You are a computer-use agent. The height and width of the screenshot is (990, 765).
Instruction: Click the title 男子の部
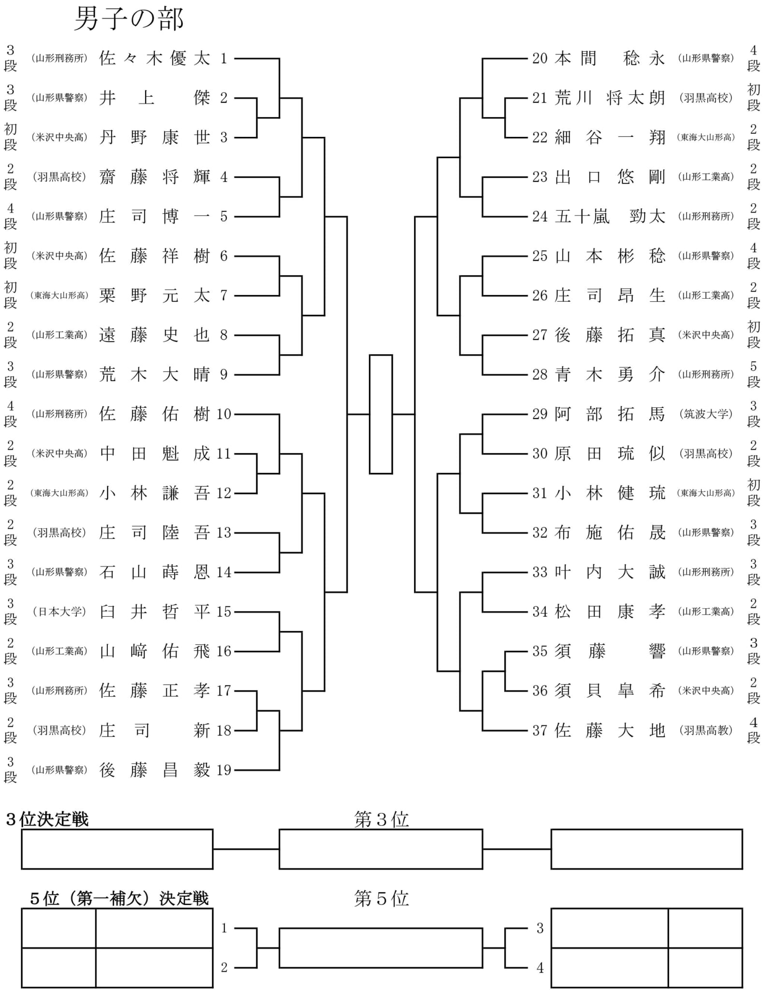pyautogui.click(x=129, y=20)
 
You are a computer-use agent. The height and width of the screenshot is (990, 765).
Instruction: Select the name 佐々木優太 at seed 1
pyautogui.click(x=155, y=58)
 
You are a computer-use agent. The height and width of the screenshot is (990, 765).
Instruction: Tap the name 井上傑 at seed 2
pyautogui.click(x=155, y=98)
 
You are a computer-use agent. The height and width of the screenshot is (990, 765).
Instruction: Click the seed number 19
pyautogui.click(x=224, y=770)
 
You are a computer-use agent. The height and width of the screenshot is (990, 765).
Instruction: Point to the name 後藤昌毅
pyautogui.click(x=155, y=770)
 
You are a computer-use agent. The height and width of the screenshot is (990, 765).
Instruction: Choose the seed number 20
pyautogui.click(x=540, y=58)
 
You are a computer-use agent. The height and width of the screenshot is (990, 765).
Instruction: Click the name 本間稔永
pyautogui.click(x=610, y=58)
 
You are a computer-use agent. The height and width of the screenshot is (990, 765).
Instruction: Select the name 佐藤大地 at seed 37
pyautogui.click(x=610, y=730)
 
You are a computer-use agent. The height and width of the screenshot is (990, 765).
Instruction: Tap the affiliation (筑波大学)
pyautogui.click(x=706, y=414)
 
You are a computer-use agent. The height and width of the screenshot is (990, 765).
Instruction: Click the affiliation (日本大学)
pyautogui.click(x=59, y=612)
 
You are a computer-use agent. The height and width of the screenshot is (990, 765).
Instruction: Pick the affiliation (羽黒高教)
pyautogui.click(x=706, y=730)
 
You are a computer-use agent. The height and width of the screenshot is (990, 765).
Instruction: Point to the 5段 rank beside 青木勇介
pyautogui.click(x=753, y=374)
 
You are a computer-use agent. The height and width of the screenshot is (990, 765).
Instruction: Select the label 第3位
pyautogui.click(x=382, y=819)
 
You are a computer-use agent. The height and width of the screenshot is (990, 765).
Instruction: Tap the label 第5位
pyautogui.click(x=382, y=899)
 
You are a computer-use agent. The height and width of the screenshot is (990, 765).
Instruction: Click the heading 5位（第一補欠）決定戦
pyautogui.click(x=119, y=899)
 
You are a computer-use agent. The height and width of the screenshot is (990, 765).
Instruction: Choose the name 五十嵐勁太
pyautogui.click(x=610, y=217)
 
